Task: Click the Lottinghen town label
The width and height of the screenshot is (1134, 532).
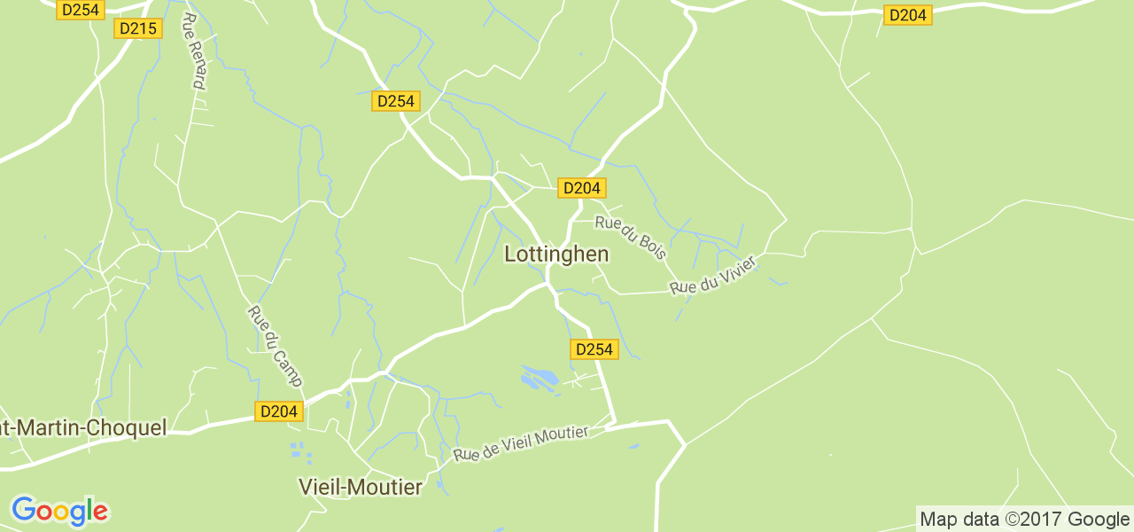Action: tap(556, 254)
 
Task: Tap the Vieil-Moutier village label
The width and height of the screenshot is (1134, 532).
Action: tap(361, 487)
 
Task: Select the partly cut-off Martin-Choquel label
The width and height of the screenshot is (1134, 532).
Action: tap(83, 428)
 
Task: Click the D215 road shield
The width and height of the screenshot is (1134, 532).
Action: tap(137, 28)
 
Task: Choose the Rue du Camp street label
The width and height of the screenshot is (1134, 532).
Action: tap(275, 347)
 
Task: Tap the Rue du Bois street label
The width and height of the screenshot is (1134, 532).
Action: tap(630, 238)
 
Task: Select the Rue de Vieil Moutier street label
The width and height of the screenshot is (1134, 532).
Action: tap(521, 442)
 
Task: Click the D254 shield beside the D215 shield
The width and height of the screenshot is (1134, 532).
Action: tap(81, 10)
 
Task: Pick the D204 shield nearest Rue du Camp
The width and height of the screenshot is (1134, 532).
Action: tap(280, 411)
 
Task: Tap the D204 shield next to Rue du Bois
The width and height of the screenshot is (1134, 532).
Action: tap(582, 188)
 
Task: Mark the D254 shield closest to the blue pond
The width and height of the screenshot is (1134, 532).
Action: tap(594, 349)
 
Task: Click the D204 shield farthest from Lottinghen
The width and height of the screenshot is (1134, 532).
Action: tap(908, 15)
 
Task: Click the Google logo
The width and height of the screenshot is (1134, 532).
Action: tap(59, 511)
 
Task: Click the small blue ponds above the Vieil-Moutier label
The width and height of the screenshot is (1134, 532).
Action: tap(301, 452)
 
